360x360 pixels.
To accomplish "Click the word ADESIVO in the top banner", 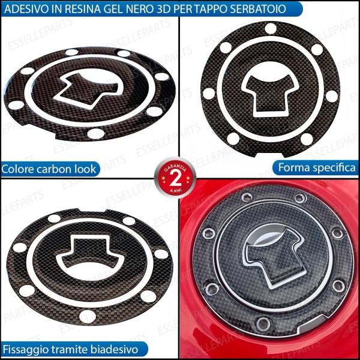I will pyautogui.click(x=28, y=8).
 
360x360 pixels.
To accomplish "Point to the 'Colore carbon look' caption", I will pyautogui.click(x=49, y=169).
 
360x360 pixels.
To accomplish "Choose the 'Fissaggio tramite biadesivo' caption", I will pyautogui.click(x=70, y=349).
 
